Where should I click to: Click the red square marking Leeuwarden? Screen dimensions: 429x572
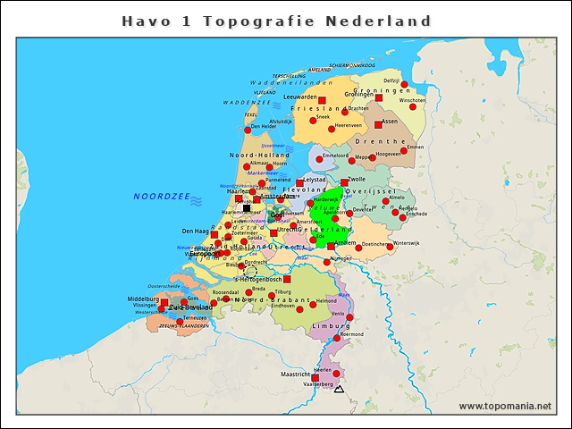click(323, 101)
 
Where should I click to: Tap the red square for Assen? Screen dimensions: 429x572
click(378, 125)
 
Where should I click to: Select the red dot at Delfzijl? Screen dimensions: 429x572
click(404, 85)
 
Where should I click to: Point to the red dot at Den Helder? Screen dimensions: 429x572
click(247, 128)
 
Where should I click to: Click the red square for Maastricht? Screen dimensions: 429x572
click(315, 378)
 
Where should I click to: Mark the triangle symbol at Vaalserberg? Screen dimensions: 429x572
click(338, 389)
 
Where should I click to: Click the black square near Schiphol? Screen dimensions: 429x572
click(248, 206)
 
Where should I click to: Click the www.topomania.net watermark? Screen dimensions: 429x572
click(505, 406)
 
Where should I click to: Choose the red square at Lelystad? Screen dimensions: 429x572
click(300, 183)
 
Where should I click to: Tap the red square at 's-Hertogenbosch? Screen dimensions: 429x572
click(287, 279)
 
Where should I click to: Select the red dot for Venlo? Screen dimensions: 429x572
click(350, 317)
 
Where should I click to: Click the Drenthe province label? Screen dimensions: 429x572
click(381, 141)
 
